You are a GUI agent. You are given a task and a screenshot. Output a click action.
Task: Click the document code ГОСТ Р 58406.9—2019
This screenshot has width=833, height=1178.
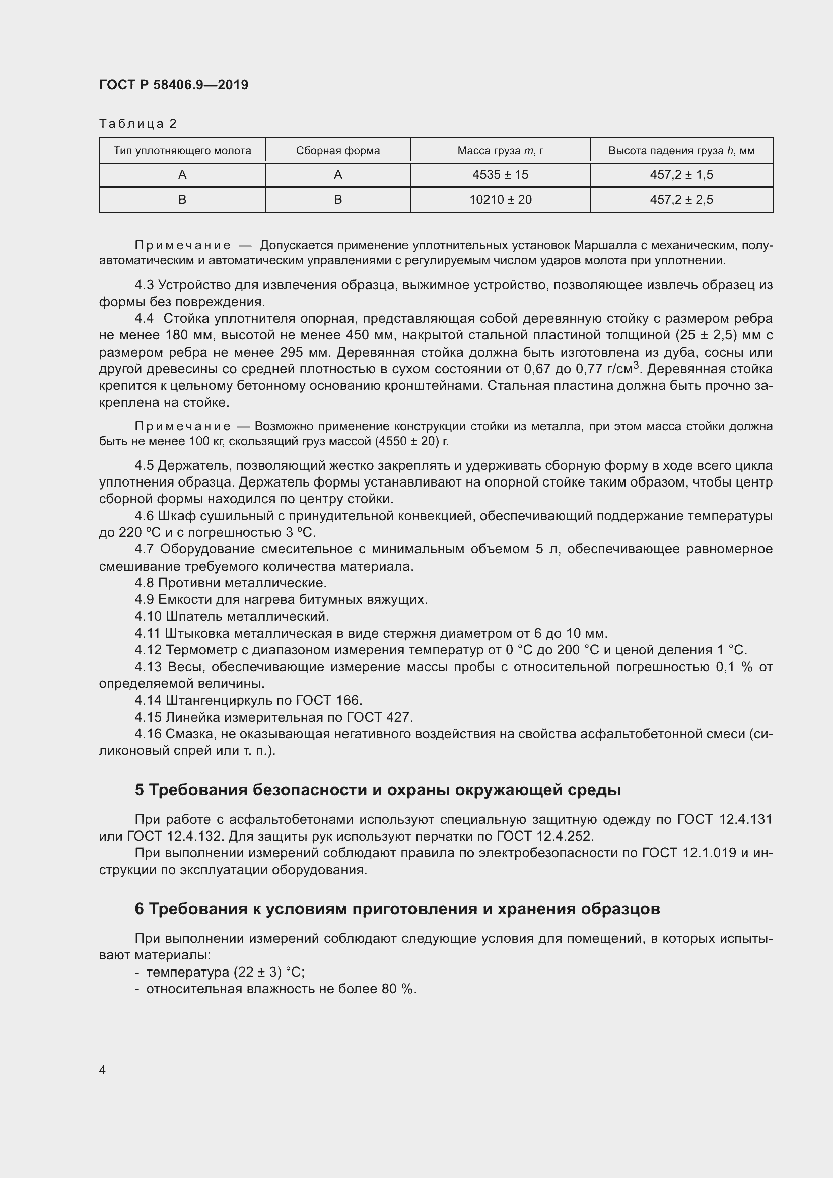(173, 85)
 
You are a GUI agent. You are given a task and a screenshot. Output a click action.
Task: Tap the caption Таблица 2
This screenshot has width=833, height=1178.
(137, 124)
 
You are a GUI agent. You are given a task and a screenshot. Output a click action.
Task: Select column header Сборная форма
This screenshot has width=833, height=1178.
(337, 150)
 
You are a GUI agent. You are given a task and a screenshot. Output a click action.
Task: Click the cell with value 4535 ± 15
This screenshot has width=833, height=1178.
(500, 175)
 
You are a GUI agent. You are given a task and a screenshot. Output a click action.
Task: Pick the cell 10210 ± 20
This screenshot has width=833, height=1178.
(500, 199)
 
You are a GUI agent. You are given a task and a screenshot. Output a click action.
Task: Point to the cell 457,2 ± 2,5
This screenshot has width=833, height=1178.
(681, 199)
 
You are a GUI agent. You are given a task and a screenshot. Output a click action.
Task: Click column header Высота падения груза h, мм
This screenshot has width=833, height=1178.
(681, 150)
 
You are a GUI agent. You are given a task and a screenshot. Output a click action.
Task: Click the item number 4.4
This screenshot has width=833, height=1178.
(144, 319)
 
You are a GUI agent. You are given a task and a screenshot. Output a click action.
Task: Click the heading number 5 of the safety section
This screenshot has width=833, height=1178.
(140, 790)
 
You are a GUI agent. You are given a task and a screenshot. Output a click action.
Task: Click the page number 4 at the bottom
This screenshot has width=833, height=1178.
(103, 1070)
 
